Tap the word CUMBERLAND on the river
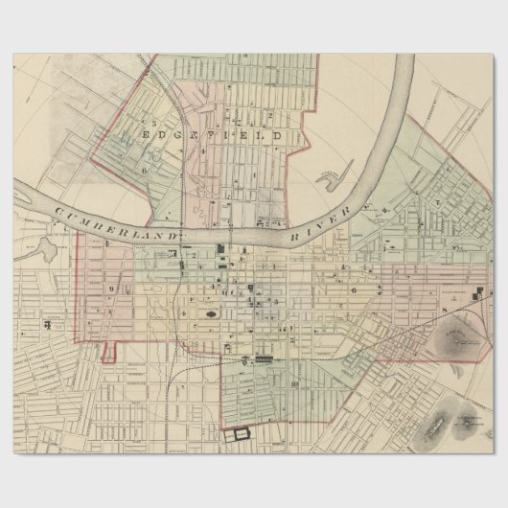tap(115, 221)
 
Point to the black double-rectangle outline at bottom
tap(236, 433)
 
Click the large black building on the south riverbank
tap(222, 251)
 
